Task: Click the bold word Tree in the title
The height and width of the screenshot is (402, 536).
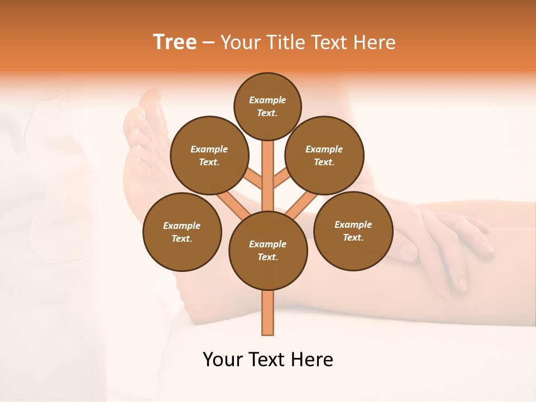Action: (x=175, y=42)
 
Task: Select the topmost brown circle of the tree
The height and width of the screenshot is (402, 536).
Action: (x=267, y=106)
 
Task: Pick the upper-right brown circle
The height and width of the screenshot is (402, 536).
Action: (x=324, y=155)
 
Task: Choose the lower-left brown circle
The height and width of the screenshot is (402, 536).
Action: (x=182, y=232)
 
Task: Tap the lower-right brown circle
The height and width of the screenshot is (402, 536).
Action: (x=353, y=231)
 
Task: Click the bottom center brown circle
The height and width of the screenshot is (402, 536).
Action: (x=268, y=250)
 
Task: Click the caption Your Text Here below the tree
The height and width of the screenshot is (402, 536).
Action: (x=268, y=360)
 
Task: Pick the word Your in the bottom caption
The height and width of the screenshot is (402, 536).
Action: (x=223, y=360)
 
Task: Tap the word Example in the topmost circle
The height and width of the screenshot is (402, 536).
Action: (x=267, y=100)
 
